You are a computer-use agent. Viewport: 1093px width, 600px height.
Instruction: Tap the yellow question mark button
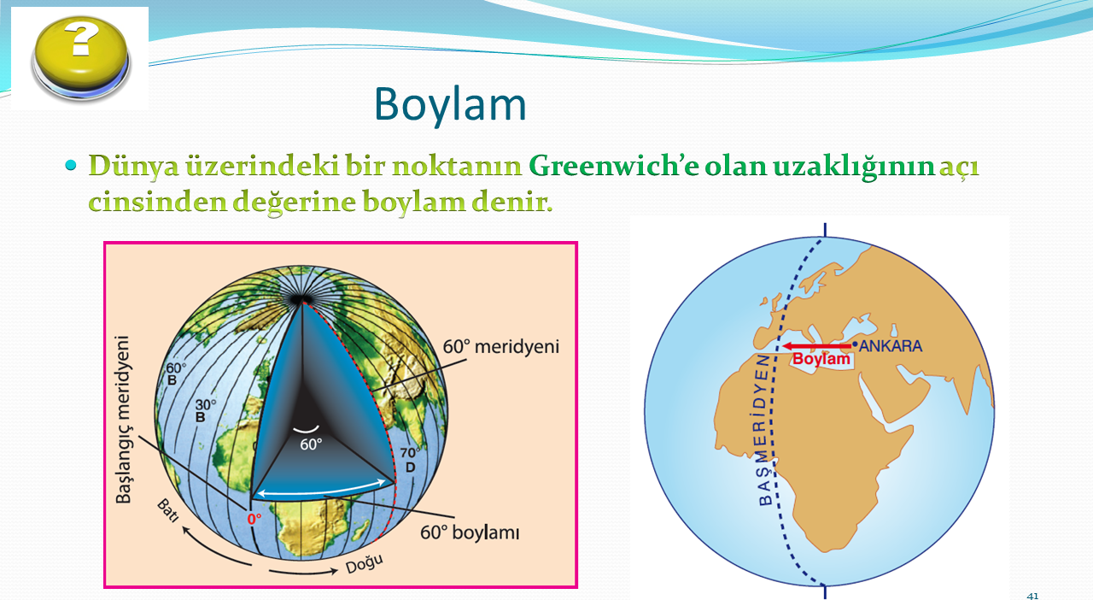[81, 57]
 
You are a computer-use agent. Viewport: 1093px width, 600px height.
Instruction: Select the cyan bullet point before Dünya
[71, 165]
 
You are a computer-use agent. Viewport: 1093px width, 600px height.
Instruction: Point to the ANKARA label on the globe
[890, 346]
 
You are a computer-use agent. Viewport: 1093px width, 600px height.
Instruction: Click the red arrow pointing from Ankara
[817, 346]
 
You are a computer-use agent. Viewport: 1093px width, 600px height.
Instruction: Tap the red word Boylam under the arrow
[821, 359]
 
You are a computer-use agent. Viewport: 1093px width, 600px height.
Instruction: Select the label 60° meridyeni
[500, 347]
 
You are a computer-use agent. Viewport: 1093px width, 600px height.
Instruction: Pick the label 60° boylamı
[470, 532]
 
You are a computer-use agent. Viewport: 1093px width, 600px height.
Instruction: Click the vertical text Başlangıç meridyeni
[123, 419]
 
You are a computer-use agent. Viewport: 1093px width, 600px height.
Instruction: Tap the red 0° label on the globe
[254, 519]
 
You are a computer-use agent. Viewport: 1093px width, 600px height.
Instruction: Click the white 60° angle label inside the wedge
[311, 444]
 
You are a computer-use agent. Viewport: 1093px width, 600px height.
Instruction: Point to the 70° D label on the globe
[410, 460]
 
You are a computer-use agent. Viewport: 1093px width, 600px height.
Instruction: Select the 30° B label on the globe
[205, 410]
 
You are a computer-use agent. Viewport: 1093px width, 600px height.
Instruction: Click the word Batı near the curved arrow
[167, 510]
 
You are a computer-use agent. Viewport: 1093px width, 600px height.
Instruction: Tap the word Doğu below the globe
[364, 564]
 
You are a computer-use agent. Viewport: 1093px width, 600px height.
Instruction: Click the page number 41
[1032, 596]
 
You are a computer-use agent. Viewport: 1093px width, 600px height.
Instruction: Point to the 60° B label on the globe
[176, 374]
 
